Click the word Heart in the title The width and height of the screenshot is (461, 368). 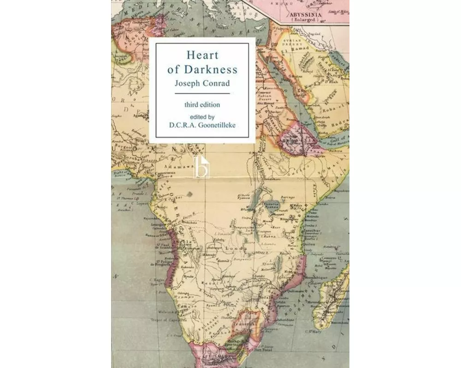[x=202, y=55]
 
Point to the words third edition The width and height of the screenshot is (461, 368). [x=202, y=104]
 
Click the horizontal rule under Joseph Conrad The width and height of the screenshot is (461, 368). [x=202, y=93]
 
